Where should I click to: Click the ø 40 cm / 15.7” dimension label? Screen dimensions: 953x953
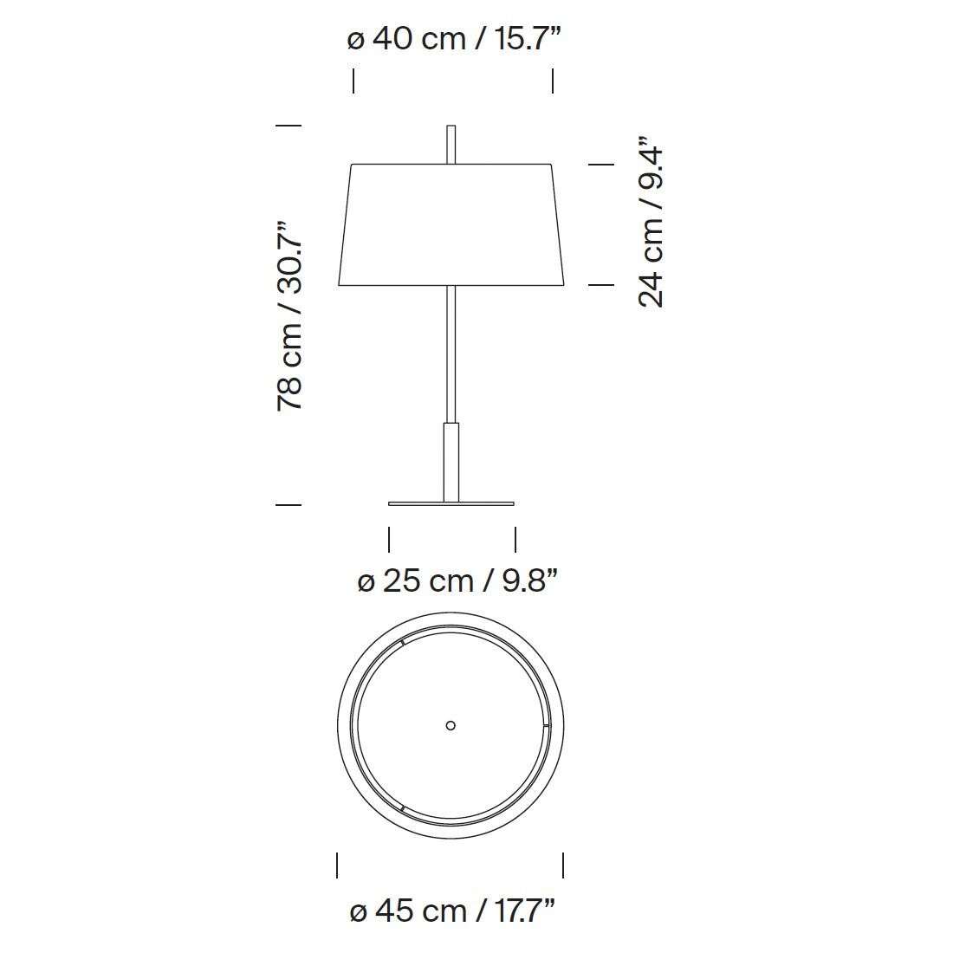[453, 40]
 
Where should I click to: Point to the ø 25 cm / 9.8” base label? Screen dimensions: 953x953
[457, 581]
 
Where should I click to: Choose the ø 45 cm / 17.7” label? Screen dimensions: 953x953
[453, 911]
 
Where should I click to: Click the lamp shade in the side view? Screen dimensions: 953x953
[451, 224]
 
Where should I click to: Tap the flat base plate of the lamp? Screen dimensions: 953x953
[451, 503]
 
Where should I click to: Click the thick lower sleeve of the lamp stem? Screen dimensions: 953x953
[451, 462]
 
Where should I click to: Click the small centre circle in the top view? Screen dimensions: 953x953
[451, 725]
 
